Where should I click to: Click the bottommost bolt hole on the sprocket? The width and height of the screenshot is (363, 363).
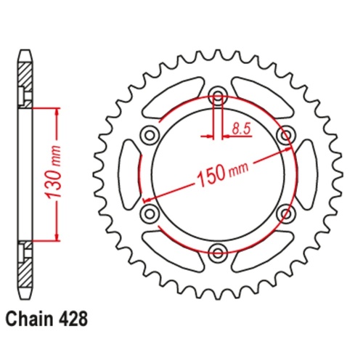[217, 252]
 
